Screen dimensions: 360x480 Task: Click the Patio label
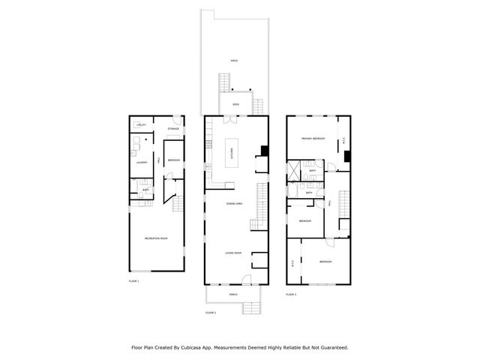click(x=234, y=61)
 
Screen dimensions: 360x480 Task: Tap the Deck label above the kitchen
click(x=235, y=104)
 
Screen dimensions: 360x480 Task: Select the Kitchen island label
click(x=232, y=154)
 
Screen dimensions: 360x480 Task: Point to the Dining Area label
click(x=234, y=204)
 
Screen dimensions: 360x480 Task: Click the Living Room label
click(x=233, y=253)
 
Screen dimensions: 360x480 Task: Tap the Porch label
click(x=234, y=295)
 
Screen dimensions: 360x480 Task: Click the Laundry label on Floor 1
click(x=140, y=162)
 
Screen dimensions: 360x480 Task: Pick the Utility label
click(x=141, y=124)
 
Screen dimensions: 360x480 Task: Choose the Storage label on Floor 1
click(x=173, y=129)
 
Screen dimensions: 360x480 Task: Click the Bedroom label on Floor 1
click(x=173, y=160)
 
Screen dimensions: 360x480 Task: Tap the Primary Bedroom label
click(x=313, y=139)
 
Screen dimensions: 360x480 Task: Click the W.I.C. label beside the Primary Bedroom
click(x=343, y=140)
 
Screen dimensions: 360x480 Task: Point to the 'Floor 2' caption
click(x=210, y=311)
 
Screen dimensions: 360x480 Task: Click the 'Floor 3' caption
click(x=291, y=295)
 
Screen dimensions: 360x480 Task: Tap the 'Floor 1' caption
click(x=133, y=280)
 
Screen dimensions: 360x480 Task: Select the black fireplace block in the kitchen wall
click(x=263, y=149)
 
